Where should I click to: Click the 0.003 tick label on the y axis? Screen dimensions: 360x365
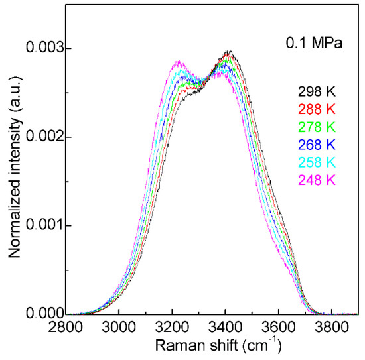(41, 49)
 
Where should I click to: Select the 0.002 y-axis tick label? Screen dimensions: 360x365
(41, 137)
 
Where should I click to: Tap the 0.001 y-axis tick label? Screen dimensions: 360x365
(41, 225)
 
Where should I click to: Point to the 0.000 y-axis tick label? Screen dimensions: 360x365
(41, 314)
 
